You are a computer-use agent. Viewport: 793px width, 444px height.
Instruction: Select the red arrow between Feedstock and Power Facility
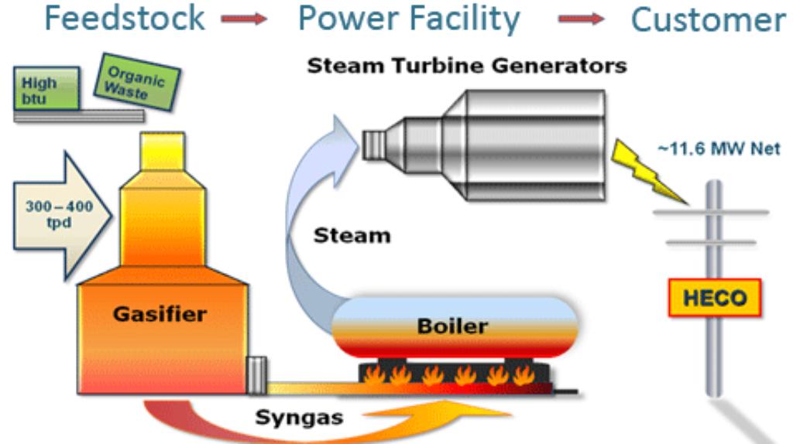point(244,21)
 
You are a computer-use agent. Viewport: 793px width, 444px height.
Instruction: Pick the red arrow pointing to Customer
point(581,21)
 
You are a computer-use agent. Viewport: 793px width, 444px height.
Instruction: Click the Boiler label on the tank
point(452,326)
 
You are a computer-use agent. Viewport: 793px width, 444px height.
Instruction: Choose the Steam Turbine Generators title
point(466,66)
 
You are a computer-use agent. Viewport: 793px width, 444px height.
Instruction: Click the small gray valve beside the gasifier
point(256,375)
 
